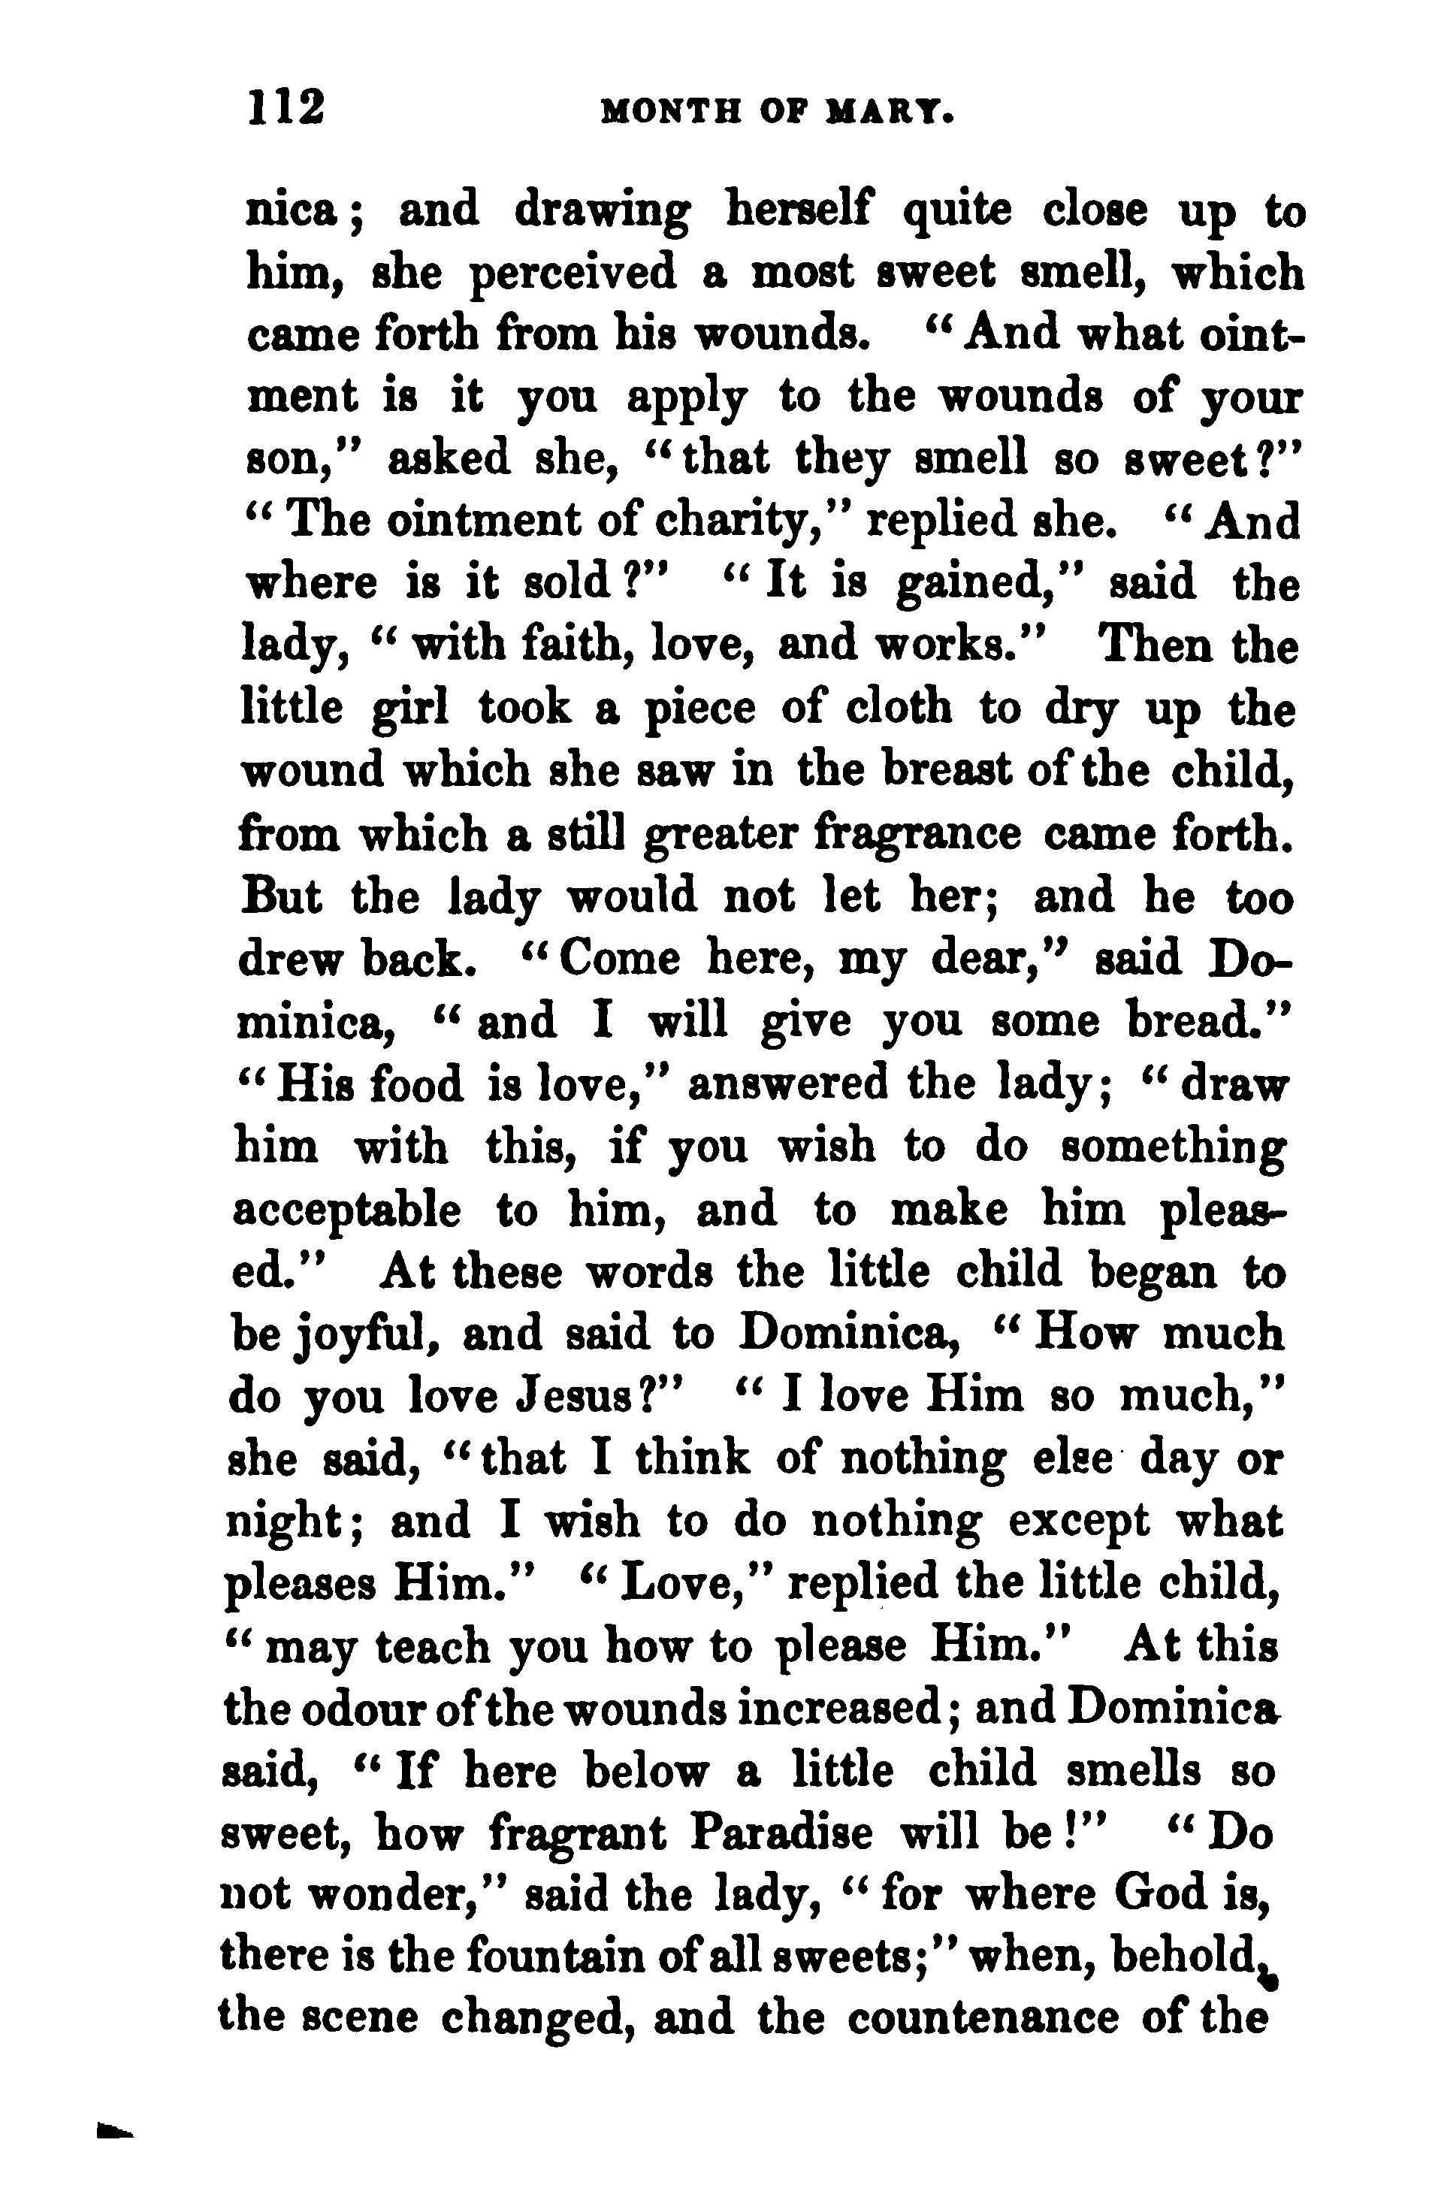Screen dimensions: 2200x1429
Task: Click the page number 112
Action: tap(285, 107)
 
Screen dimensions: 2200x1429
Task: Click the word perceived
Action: tap(573, 274)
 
